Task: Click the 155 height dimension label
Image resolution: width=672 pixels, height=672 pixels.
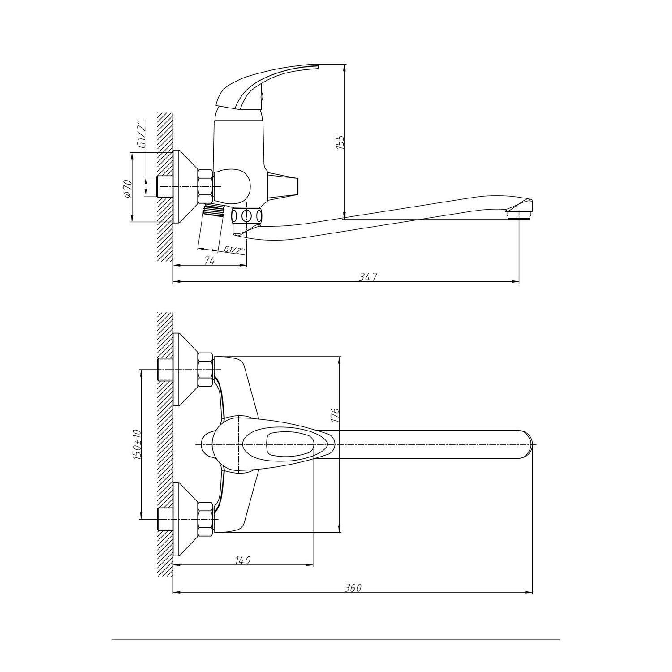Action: pyautogui.click(x=340, y=142)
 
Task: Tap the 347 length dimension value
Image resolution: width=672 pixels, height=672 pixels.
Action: pyautogui.click(x=368, y=277)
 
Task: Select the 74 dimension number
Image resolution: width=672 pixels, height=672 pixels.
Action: pyautogui.click(x=209, y=260)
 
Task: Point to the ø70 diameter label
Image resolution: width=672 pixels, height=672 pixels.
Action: pyautogui.click(x=127, y=188)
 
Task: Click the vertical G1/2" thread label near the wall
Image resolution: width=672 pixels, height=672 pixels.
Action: pyautogui.click(x=142, y=134)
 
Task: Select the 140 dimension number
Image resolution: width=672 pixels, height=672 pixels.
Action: pyautogui.click(x=242, y=560)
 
